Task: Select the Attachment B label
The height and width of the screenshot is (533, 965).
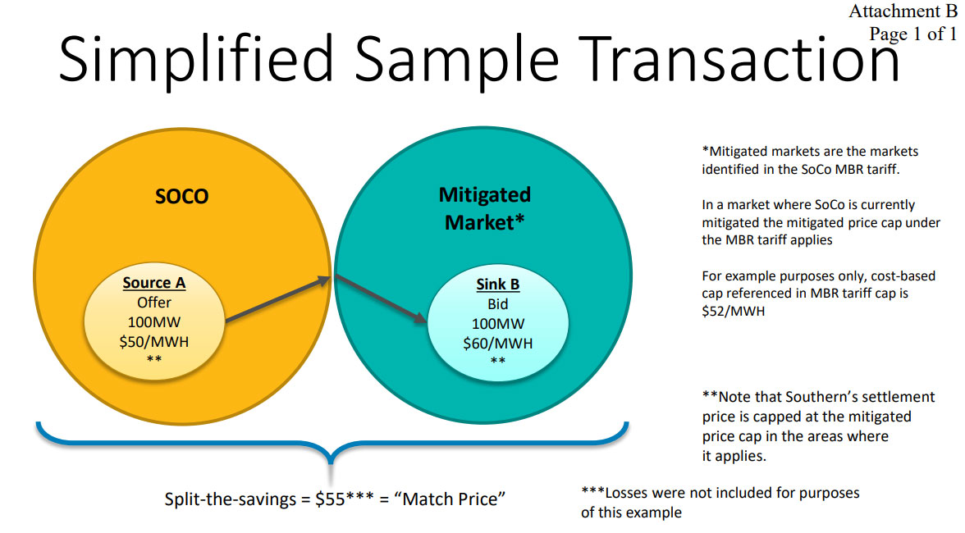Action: [903, 11]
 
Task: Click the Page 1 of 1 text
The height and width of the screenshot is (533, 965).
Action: [913, 34]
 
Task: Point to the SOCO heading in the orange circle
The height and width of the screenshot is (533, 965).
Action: [181, 197]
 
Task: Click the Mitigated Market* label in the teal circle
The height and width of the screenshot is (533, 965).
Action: [484, 207]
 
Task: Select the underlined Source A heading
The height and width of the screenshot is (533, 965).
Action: [154, 283]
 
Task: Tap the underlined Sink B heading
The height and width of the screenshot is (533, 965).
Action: [498, 285]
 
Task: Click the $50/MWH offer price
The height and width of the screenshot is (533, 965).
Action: [154, 341]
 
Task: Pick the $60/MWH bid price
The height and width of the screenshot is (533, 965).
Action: [498, 343]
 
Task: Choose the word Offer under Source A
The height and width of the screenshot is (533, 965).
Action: [154, 303]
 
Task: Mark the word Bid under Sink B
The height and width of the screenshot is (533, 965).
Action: [498, 304]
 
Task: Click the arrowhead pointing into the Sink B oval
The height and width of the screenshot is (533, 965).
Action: [420, 318]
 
